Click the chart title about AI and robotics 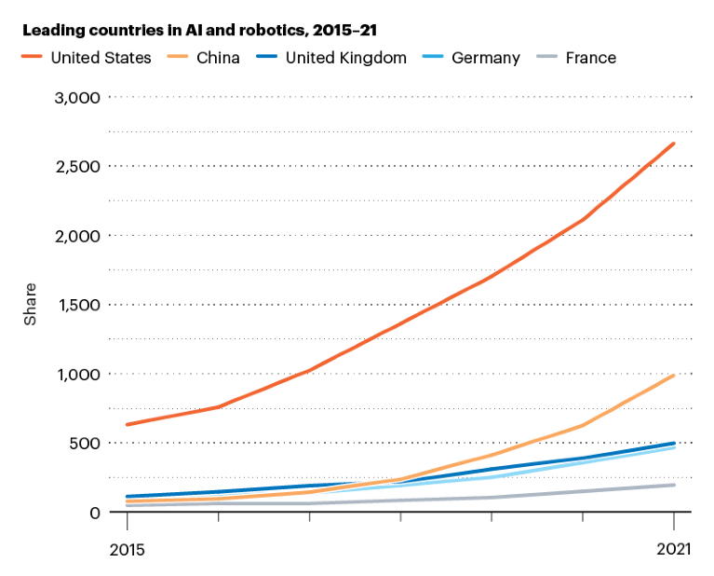pyautogui.click(x=199, y=31)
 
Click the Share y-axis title pyautogui.click(x=30, y=304)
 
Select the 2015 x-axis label pyautogui.click(x=126, y=550)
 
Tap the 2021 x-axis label pyautogui.click(x=672, y=550)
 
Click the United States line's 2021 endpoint pyautogui.click(x=674, y=144)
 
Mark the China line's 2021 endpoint pyautogui.click(x=674, y=376)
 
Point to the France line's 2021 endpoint pyautogui.click(x=674, y=485)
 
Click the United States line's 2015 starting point pyautogui.click(x=127, y=425)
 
